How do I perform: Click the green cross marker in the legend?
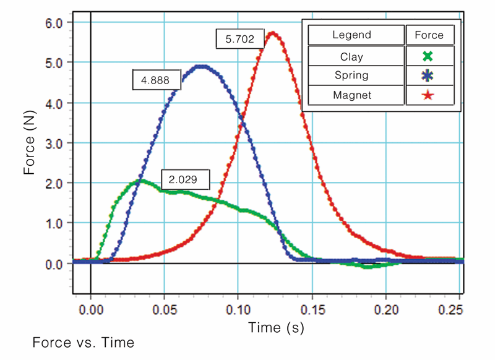(427, 56)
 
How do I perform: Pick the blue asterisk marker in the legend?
(427, 75)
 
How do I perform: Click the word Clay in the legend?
(351, 56)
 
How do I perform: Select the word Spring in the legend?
(351, 75)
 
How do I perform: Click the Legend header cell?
(351, 35)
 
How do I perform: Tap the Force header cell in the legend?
(429, 35)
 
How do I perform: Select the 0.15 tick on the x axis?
(312, 307)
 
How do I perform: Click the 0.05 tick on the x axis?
(164, 307)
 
